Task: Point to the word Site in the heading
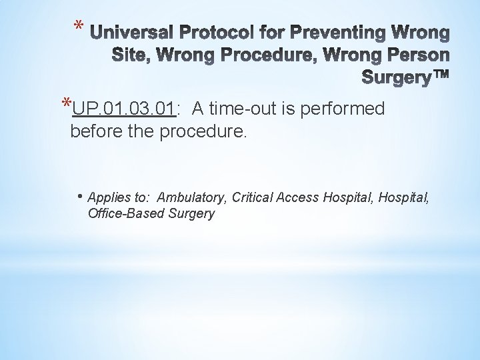pyautogui.click(x=130, y=56)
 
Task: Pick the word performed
pyautogui.click(x=343, y=108)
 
